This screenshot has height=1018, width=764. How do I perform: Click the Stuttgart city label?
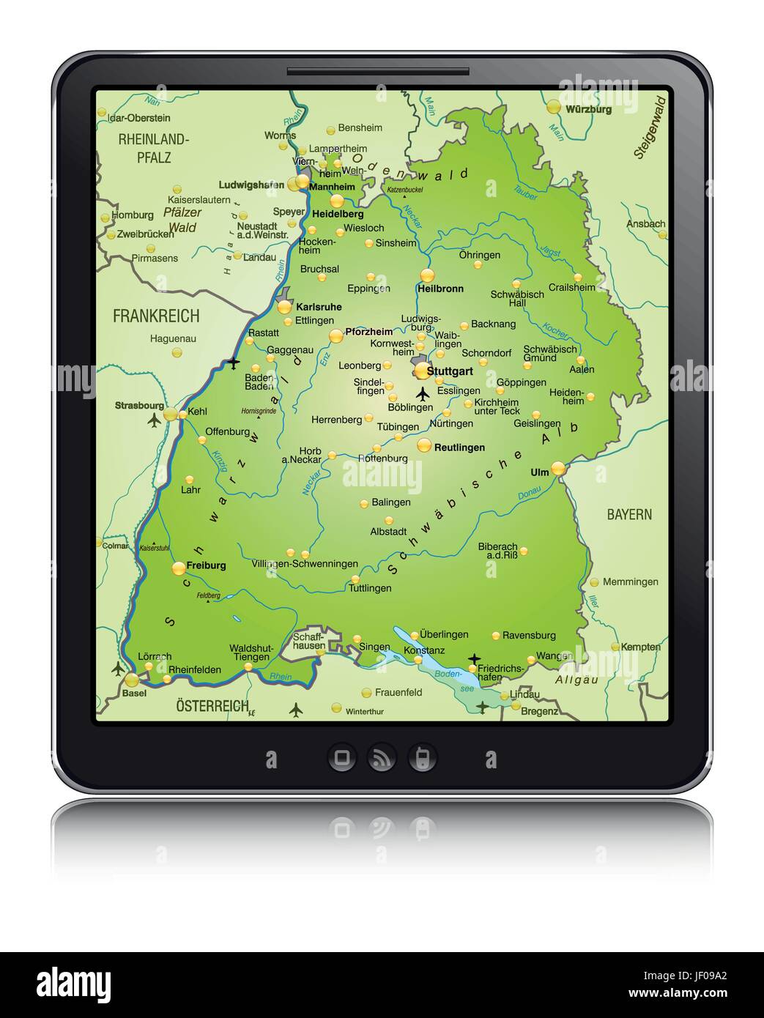pyautogui.click(x=450, y=371)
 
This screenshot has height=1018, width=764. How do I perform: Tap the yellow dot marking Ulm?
pyautogui.click(x=558, y=467)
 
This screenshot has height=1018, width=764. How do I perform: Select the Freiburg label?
pyautogui.click(x=206, y=565)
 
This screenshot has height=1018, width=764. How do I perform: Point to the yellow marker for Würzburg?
pyautogui.click(x=554, y=107)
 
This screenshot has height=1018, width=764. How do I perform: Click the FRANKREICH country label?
pyautogui.click(x=156, y=316)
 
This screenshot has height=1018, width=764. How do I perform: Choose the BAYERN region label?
pyautogui.click(x=628, y=514)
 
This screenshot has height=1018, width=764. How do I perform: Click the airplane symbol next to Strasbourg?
pyautogui.click(x=154, y=420)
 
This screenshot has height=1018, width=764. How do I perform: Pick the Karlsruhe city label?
pyautogui.click(x=318, y=307)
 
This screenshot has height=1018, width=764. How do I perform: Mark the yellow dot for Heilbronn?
pyautogui.click(x=427, y=275)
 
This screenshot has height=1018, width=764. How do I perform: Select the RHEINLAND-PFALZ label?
pyautogui.click(x=154, y=147)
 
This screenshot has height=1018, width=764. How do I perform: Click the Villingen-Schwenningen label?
pyautogui.click(x=305, y=564)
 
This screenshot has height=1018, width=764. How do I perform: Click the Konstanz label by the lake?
pyautogui.click(x=424, y=650)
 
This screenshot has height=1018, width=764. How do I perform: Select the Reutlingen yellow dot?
pyautogui.click(x=424, y=445)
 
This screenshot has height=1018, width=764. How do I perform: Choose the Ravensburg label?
pyautogui.click(x=529, y=635)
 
